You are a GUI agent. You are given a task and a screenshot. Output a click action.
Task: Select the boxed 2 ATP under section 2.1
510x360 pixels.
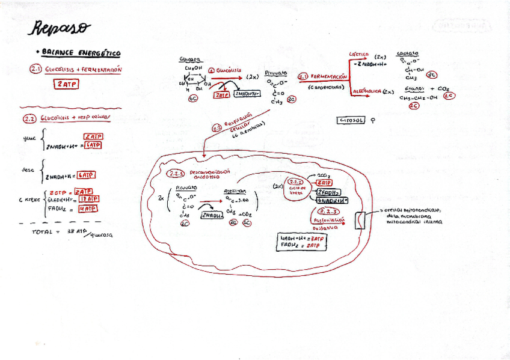tap(67, 84)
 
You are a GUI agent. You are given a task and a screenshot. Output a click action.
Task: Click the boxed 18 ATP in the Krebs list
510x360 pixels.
tap(89, 199)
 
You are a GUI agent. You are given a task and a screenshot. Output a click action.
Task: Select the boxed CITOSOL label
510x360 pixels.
tap(351, 120)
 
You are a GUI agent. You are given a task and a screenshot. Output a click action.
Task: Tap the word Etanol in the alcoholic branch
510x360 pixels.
tap(415, 88)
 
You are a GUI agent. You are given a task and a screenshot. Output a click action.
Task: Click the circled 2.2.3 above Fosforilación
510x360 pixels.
tap(329, 212)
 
